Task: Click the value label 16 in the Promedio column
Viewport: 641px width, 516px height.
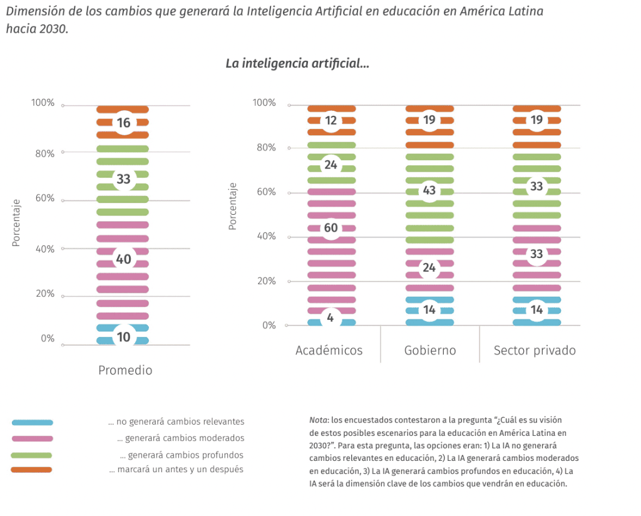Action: [123, 123]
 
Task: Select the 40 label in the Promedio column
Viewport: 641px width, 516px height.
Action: [123, 259]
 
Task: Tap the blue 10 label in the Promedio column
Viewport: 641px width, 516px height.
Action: [123, 337]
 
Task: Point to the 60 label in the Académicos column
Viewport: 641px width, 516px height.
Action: [331, 228]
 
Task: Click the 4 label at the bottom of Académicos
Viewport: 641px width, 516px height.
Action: [331, 317]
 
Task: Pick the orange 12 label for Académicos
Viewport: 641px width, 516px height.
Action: [331, 120]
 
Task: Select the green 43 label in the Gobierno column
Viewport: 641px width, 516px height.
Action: [429, 190]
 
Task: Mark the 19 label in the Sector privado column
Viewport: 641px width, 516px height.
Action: [536, 120]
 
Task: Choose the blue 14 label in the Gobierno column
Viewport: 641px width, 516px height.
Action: [429, 309]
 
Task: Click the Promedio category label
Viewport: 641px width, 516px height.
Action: [125, 370]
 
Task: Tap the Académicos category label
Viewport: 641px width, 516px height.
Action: [329, 350]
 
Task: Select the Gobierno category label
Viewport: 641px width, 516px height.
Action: [430, 350]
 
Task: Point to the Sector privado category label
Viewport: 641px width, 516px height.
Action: [535, 350]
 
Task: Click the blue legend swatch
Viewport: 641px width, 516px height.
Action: [32, 423]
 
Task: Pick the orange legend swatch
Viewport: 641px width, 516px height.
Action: [32, 470]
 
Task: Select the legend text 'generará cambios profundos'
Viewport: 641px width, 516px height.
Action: [181, 455]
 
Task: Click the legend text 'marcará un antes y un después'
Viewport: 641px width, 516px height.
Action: [176, 470]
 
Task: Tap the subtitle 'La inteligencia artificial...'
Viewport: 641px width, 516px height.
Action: [297, 63]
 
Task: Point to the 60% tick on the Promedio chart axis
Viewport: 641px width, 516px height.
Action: [43, 199]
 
